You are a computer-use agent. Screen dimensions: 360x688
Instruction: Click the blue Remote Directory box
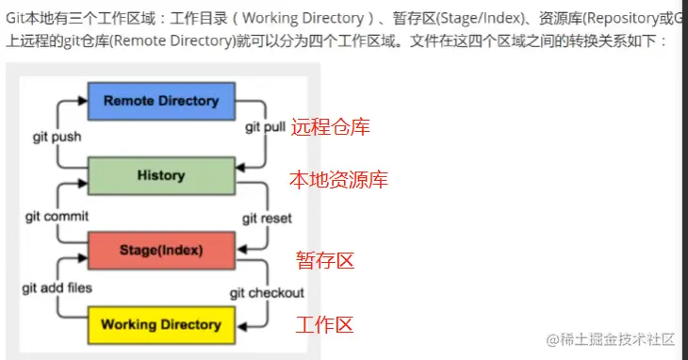tap(160, 102)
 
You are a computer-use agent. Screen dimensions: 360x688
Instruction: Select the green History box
tap(160, 176)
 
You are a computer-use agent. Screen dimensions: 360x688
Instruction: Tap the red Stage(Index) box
tap(160, 251)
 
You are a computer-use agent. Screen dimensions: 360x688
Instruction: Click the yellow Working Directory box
tap(160, 325)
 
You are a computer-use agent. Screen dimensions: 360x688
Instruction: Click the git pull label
tap(267, 125)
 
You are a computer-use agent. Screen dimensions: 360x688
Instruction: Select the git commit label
tap(57, 216)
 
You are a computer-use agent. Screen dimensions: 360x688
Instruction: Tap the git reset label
tap(267, 218)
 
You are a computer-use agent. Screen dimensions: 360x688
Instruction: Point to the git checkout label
tap(267, 293)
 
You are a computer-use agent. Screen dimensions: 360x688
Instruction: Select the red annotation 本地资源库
tap(337, 179)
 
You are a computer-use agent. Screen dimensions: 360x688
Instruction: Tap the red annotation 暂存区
tap(325, 260)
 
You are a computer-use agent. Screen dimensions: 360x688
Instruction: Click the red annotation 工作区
tap(324, 325)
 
